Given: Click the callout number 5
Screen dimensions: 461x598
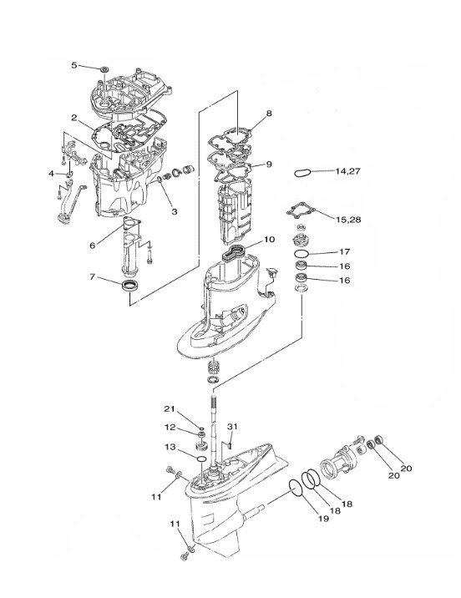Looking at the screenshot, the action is coord(74,65).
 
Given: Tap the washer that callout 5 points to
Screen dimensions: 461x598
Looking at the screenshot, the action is coord(104,69).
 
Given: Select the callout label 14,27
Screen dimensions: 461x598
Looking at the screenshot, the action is coord(347,171).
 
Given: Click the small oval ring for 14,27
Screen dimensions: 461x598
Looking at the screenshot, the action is coord(302,172).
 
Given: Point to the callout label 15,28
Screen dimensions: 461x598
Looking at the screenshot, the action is coord(348,220).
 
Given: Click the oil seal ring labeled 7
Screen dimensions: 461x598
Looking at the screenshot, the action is coord(130,285).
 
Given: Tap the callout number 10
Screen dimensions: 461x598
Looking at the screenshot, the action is coord(269,240).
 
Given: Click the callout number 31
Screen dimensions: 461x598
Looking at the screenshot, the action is coord(232,427).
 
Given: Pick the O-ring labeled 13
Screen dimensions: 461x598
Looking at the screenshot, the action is coord(202,459).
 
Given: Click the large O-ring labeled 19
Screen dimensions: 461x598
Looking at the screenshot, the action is coord(296,488).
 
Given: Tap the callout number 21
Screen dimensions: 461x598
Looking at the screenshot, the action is coord(170,409).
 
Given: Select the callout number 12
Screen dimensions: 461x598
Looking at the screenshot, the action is coord(170,427).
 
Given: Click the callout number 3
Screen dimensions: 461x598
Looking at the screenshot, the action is coord(175,211).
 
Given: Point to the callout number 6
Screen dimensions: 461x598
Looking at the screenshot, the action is coord(92,246).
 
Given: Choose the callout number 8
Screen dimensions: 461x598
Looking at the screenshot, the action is coord(269,114).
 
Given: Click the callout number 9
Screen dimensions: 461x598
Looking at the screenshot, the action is coord(269,165).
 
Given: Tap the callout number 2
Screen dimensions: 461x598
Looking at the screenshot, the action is coord(74,118).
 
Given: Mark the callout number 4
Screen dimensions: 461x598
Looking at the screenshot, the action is coord(52,174).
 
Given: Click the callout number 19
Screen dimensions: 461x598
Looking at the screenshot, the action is coord(323,519).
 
